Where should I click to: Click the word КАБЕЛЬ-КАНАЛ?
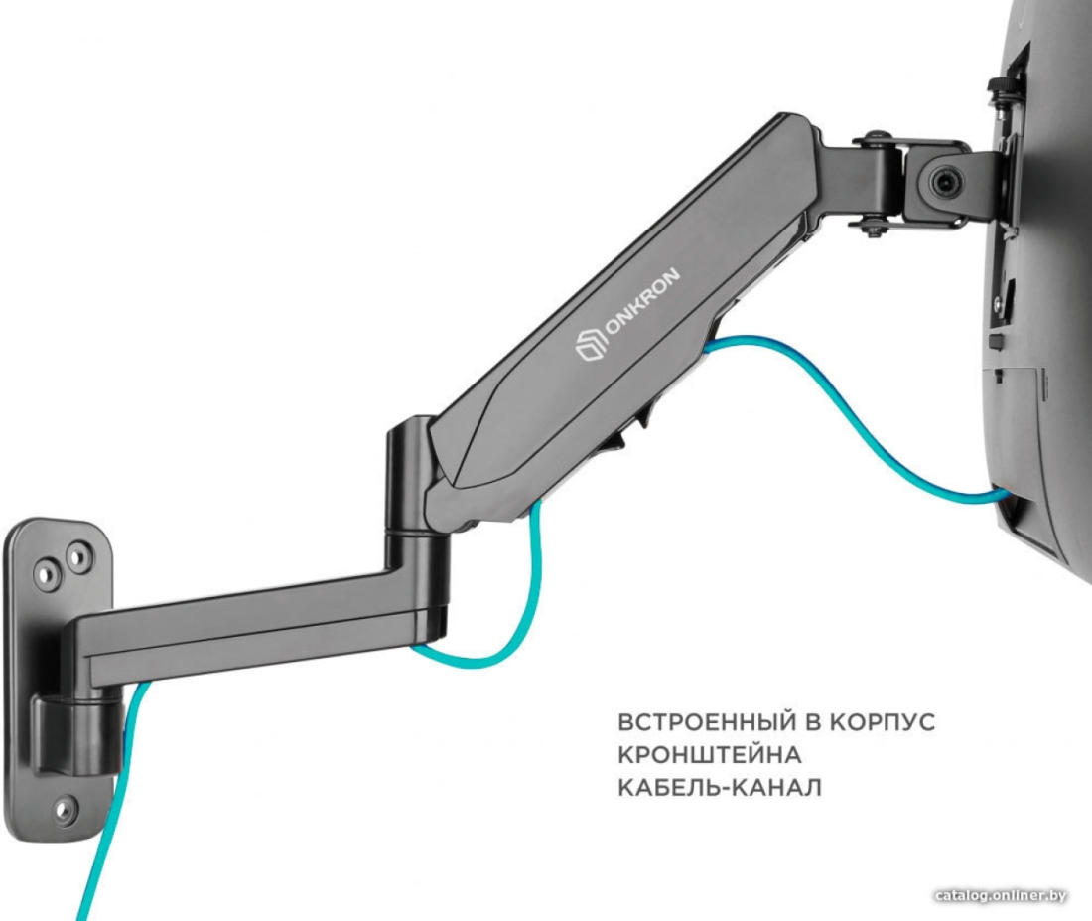(x=720, y=787)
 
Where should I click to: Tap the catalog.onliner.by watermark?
(x=1002, y=896)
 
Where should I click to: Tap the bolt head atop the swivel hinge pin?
(x=872, y=138)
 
